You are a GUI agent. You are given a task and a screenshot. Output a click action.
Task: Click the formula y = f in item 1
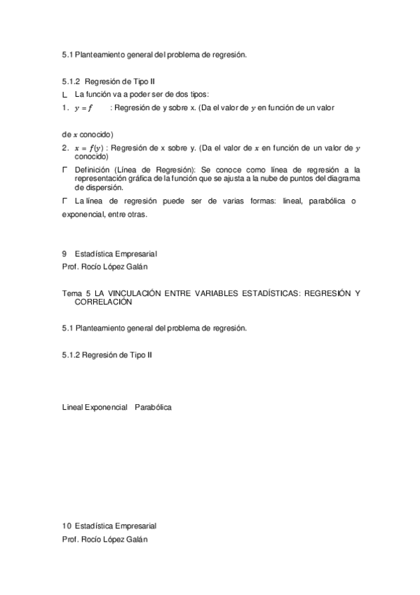(83, 108)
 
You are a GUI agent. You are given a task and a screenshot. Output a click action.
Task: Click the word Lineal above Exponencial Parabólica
(72, 407)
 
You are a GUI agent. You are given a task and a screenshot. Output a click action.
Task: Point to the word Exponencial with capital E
(106, 407)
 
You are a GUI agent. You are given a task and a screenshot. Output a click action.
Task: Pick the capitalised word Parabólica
(154, 407)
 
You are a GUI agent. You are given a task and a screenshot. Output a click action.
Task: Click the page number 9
(64, 253)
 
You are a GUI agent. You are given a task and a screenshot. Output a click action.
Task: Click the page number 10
(66, 526)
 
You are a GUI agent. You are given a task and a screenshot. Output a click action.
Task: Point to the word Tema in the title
(72, 293)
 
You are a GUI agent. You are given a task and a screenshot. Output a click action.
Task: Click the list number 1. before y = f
(65, 108)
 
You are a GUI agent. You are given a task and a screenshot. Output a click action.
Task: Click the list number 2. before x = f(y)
(65, 148)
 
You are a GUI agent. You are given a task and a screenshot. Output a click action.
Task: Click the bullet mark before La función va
(65, 95)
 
